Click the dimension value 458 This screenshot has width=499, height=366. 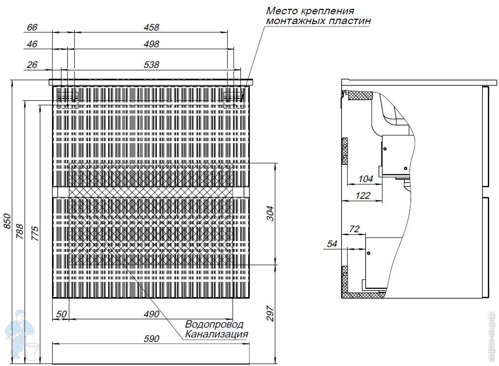[151, 27]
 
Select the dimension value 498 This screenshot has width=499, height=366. [151, 44]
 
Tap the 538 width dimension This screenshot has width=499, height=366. [151, 64]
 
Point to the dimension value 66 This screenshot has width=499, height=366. [32, 27]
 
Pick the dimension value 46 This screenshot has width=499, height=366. [32, 44]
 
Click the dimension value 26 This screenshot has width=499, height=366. [32, 64]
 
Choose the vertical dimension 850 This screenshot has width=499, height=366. [7, 221]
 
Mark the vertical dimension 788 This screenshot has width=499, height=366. [20, 232]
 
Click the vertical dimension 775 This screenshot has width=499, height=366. [35, 233]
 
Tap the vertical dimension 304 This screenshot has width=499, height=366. [270, 213]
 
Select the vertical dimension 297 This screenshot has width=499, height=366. [270, 313]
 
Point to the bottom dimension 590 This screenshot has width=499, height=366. [151, 338]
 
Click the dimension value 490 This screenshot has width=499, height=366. [151, 314]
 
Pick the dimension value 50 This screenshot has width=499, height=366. [61, 314]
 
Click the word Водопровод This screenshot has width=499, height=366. [214, 324]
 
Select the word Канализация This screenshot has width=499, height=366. [216, 334]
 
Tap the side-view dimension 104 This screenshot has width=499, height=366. [365, 179]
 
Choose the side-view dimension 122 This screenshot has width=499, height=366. [363, 195]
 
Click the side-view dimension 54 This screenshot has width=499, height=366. [332, 244]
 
